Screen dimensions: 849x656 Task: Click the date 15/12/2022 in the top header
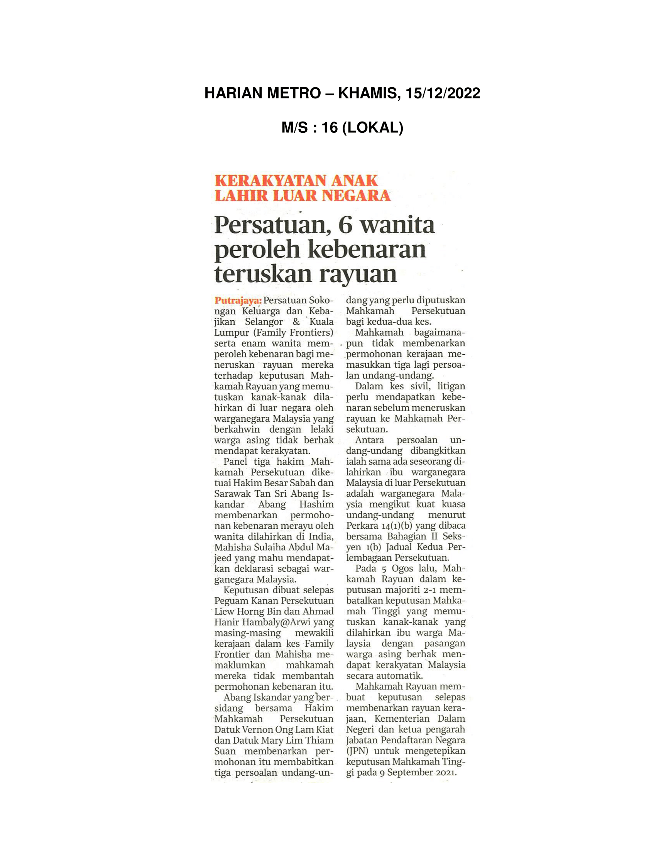tap(443, 93)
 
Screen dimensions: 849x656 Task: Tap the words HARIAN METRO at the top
tap(262, 93)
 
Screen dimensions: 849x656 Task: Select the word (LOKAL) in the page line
tap(372, 127)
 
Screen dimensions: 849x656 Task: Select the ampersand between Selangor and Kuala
tap(296, 322)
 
